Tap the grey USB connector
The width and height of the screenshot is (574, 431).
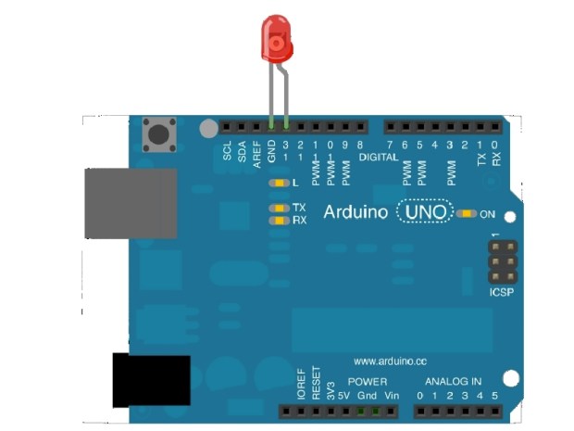pos(131,203)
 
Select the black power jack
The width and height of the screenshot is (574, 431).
pos(151,380)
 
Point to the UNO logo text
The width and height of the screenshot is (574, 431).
pos(426,213)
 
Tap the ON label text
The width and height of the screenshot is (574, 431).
pos(488,215)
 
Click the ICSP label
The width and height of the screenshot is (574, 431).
pos(501,293)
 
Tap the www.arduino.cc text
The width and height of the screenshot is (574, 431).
pos(389,361)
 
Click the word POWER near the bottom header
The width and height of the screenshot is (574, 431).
pos(368,382)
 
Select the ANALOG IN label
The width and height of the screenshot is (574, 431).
pos(453,382)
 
